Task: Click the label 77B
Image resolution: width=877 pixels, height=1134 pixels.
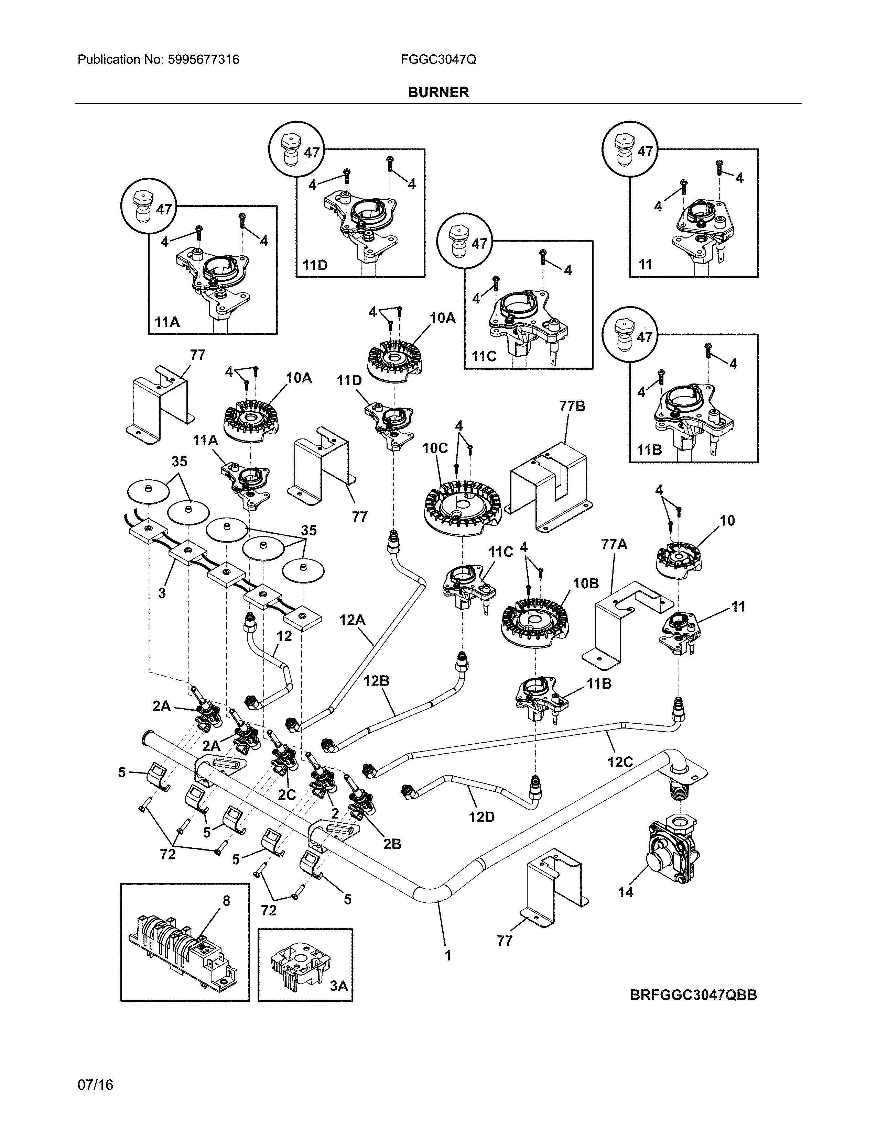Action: (x=572, y=406)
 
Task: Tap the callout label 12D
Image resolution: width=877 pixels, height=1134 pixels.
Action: (x=481, y=817)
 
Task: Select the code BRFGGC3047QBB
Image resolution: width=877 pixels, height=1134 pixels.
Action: (x=693, y=995)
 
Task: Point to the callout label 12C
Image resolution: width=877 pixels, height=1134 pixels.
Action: (x=620, y=762)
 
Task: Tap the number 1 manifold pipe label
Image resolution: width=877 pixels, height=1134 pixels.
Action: (x=448, y=955)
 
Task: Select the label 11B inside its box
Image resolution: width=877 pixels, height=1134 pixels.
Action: (x=649, y=450)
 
